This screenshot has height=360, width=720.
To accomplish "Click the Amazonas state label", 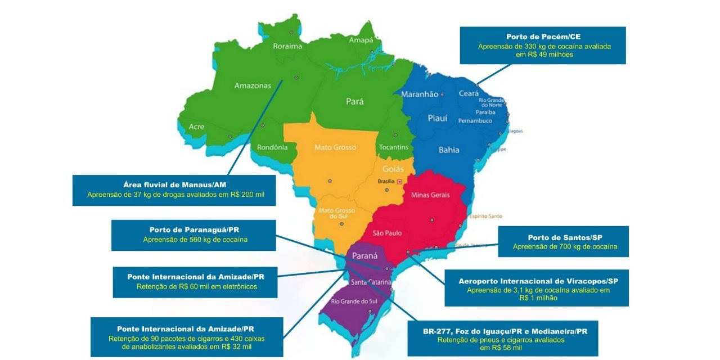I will coord(253,86).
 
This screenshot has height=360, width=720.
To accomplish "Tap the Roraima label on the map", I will coord(287,47).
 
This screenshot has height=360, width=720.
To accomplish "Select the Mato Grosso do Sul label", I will coord(334,214).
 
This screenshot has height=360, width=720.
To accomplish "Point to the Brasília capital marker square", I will coord(399,181).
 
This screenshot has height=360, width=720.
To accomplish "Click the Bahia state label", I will coord(449,150).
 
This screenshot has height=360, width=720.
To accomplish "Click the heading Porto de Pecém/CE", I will coord(543,37).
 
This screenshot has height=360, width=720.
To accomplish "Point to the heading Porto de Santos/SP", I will coord(564,237).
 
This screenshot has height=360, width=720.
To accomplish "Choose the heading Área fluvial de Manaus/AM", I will coord(174,185).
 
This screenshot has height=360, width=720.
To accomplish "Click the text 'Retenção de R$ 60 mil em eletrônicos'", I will coord(196,286).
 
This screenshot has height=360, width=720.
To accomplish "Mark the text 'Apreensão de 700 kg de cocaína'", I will coord(565,247).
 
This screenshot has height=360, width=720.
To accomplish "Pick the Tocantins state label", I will coord(394,147).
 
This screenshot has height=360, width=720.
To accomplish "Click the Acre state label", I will coord(196,127).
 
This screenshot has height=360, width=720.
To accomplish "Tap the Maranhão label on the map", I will coord(419,94).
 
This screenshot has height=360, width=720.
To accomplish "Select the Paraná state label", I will coord(364,256).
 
